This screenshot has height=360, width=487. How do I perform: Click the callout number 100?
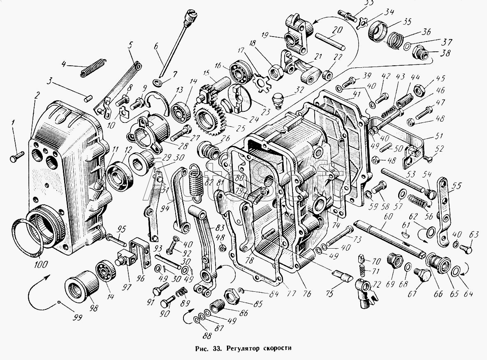pos(41,264)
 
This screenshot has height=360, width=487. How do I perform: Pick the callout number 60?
pos(388,216)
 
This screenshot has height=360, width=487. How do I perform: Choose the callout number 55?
pos(457,186)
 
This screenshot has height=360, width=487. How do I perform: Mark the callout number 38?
pos(446,53)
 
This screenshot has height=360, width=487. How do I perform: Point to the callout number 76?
pos(306,293)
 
